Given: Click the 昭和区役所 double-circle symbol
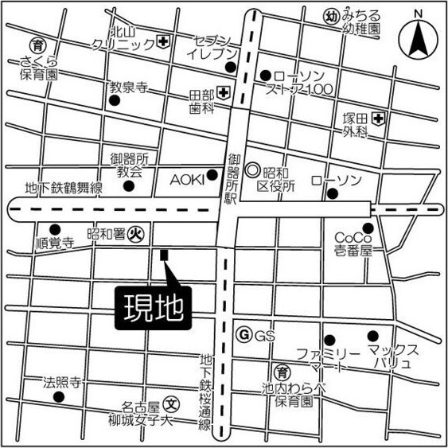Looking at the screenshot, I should pyautogui.click(x=251, y=169).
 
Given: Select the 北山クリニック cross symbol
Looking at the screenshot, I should pyautogui.click(x=163, y=41).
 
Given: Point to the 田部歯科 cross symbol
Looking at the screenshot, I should pyautogui.click(x=224, y=93).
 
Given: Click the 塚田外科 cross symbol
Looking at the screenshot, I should pyautogui.click(x=380, y=119).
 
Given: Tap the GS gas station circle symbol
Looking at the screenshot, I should pyautogui.click(x=245, y=335).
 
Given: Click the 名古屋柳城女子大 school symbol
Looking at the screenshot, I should pyautogui.click(x=169, y=403).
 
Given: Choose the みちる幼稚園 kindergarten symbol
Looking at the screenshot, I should pyautogui.click(x=330, y=16).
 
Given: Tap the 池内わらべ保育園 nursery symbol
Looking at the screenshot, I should pyautogui.click(x=281, y=371).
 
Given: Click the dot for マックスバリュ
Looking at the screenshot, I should pyautogui.click(x=369, y=335).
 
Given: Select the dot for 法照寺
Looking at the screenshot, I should pyautogui.click(x=56, y=396).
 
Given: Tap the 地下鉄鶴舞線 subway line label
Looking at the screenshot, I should pyautogui.click(x=64, y=188).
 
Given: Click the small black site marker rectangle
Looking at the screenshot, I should pyautogui.click(x=164, y=255).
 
